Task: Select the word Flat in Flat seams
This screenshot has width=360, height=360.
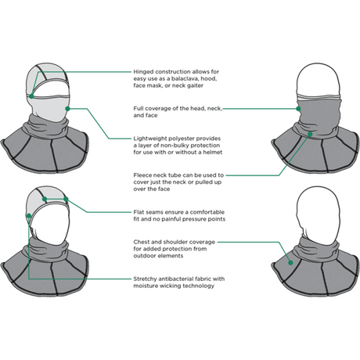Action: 139,211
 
